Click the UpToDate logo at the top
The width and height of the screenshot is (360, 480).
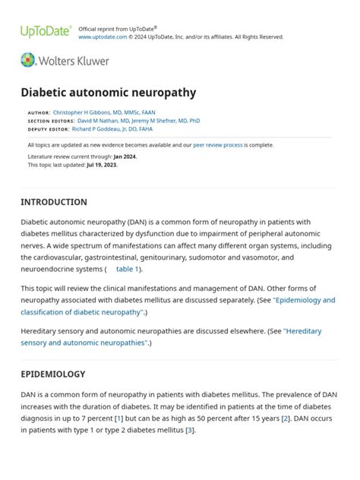click(x=46, y=32)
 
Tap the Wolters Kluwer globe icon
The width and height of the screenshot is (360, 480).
click(x=28, y=60)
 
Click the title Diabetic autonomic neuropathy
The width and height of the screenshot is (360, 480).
click(x=108, y=93)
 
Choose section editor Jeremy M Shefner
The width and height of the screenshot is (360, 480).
click(x=149, y=120)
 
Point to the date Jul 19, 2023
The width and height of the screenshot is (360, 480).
click(x=101, y=164)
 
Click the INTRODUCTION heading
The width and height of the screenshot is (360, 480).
click(x=54, y=202)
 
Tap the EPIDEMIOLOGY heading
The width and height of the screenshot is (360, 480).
click(x=53, y=374)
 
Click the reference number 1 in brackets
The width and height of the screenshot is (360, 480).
click(x=119, y=418)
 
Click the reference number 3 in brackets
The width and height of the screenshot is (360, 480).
click(x=190, y=431)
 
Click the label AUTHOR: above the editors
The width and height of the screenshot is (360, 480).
click(x=39, y=112)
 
